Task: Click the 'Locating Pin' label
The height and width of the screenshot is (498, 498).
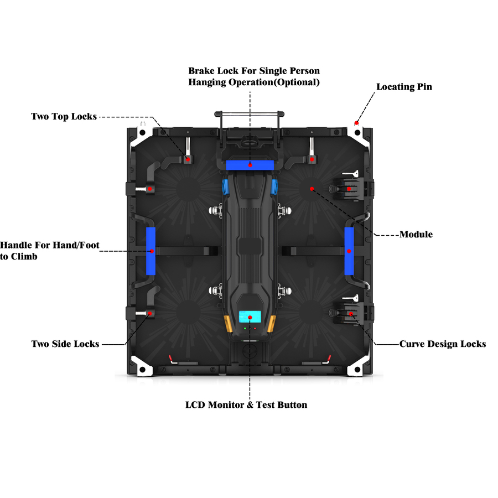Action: (x=404, y=87)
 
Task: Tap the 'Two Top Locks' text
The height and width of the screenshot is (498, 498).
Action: (x=64, y=116)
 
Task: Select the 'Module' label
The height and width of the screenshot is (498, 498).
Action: (x=416, y=235)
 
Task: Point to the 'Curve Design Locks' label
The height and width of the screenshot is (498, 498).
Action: (x=443, y=344)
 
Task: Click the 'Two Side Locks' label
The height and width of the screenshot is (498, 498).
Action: (x=65, y=344)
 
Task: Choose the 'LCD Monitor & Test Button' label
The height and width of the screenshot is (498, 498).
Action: (x=246, y=405)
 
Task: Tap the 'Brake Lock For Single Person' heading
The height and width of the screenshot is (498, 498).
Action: (x=254, y=71)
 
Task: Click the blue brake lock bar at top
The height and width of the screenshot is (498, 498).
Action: (x=250, y=165)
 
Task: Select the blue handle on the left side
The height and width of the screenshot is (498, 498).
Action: (x=151, y=251)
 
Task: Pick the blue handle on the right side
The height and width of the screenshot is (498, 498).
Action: (x=349, y=251)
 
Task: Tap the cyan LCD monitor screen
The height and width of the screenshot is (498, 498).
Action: (x=250, y=317)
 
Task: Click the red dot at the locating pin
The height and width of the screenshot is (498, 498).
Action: (x=357, y=122)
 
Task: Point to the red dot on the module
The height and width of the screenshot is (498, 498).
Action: (x=312, y=189)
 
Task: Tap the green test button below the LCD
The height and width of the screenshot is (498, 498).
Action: (x=244, y=329)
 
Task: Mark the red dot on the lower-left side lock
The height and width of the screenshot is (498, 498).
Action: (x=149, y=314)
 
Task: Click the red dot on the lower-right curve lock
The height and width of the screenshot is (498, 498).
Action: (x=350, y=314)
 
